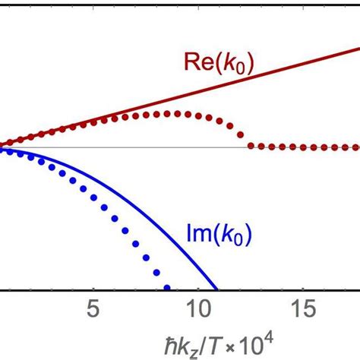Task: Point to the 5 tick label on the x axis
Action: pyautogui.click(x=93, y=312)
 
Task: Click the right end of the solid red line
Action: pyautogui.click(x=358, y=49)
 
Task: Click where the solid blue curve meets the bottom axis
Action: pyautogui.click(x=217, y=289)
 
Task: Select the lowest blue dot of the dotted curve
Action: pyautogui.click(x=168, y=288)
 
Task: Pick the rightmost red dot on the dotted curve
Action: pyautogui.click(x=357, y=147)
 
